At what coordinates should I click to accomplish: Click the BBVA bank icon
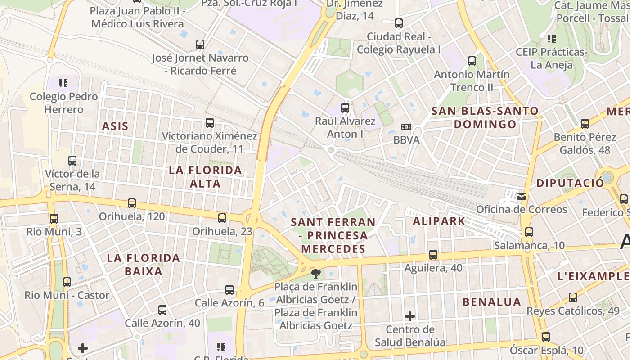[x=406, y=127]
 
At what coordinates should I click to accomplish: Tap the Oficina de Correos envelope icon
[x=521, y=196]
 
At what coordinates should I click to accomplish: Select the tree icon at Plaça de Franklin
[x=316, y=273]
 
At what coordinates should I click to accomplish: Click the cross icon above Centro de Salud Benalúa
[x=409, y=316]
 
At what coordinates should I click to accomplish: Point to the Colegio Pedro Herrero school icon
[x=63, y=83]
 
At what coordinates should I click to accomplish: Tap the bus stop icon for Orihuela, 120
[x=131, y=203]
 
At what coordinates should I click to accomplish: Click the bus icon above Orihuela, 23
[x=222, y=218]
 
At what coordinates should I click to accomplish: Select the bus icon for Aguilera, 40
[x=433, y=255]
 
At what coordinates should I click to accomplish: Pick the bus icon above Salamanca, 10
[x=529, y=232]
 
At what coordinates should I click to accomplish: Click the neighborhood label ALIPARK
[x=439, y=221]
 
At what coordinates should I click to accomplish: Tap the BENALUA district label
[x=492, y=302]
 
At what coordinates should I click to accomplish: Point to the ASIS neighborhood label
[x=115, y=126]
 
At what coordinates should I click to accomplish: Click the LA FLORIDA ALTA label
[x=205, y=177]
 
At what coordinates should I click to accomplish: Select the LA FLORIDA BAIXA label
[x=144, y=265]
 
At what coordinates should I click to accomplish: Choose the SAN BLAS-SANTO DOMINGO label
[x=485, y=117]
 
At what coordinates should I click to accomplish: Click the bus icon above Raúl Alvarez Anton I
[x=345, y=108]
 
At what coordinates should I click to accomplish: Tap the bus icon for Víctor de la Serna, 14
[x=72, y=160]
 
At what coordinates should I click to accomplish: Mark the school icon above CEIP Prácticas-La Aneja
[x=551, y=39]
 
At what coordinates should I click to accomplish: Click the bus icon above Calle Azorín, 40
[x=162, y=310]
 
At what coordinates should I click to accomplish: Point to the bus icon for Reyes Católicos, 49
[x=572, y=297]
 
